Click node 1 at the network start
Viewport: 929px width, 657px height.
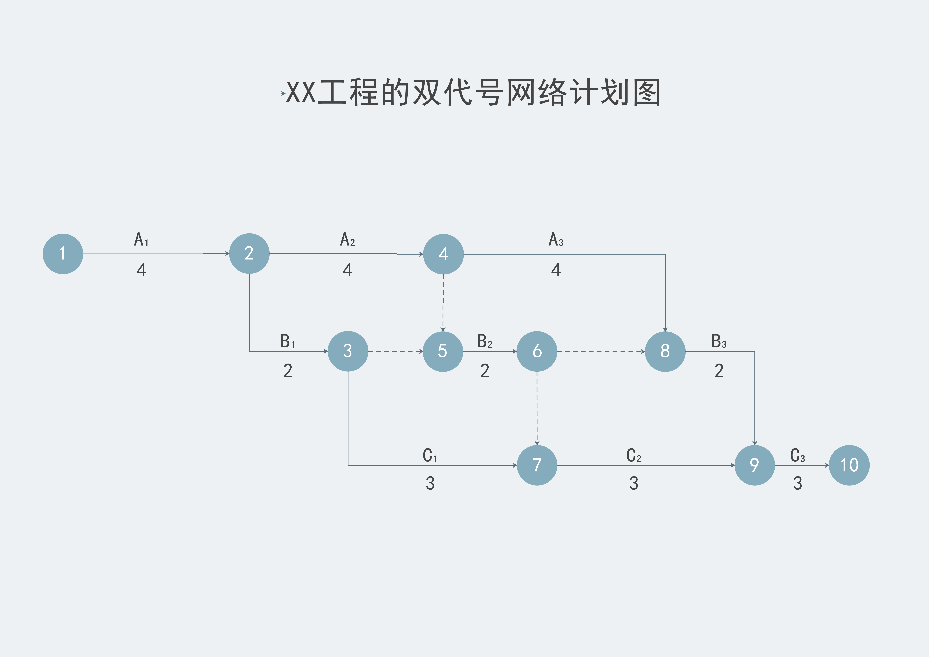pyautogui.click(x=63, y=254)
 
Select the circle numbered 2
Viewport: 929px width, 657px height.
pyautogui.click(x=249, y=253)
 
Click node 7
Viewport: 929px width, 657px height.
pyautogui.click(x=537, y=465)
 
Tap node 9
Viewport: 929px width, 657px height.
pyautogui.click(x=755, y=465)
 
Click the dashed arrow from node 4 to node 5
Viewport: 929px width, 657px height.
pyautogui.click(x=443, y=303)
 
